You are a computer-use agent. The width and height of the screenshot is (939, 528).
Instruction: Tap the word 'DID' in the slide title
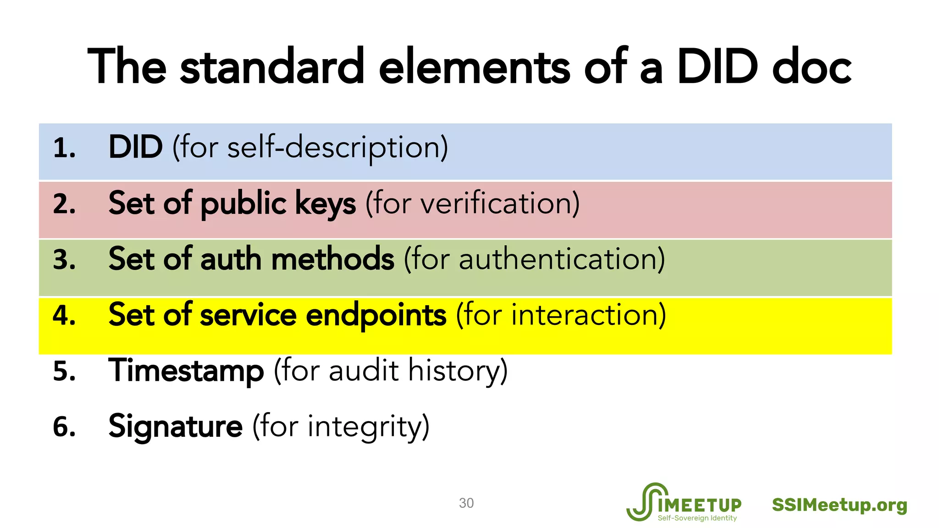[x=717, y=67]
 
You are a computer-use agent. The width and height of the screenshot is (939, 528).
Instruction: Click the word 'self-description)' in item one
[x=337, y=148]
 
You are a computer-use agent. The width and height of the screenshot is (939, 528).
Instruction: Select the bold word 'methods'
[x=332, y=259]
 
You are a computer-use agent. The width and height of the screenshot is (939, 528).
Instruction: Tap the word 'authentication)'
[x=562, y=259]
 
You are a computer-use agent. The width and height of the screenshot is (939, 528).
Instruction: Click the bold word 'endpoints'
[x=376, y=315]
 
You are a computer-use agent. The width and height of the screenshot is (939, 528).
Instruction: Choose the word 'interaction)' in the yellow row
[x=588, y=315]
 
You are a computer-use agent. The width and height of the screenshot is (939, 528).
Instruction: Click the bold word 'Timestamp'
[x=186, y=371]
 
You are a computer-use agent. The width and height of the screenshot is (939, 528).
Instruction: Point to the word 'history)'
[x=458, y=371]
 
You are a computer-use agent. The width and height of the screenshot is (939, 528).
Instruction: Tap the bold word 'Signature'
[x=175, y=427]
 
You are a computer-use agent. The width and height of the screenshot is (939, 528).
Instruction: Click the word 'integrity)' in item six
[x=368, y=427]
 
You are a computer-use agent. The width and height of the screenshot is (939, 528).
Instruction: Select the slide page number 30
[x=466, y=503]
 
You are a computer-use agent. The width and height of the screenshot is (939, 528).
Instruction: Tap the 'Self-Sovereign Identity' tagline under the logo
[x=697, y=518]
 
